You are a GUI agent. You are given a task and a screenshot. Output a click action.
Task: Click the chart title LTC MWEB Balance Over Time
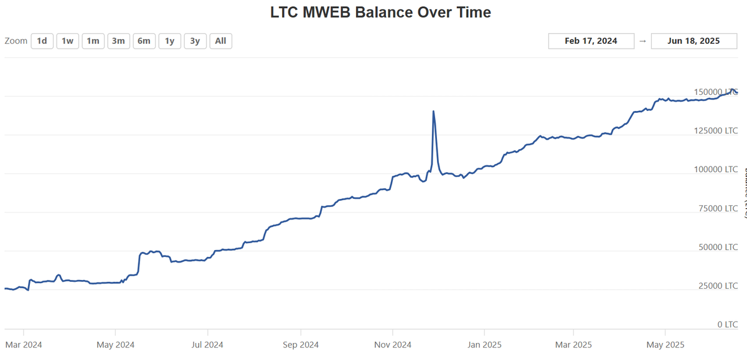pos(380,12)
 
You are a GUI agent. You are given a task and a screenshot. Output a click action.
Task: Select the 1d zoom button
pos(42,41)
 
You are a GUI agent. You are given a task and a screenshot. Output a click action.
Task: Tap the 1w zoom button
pos(67,41)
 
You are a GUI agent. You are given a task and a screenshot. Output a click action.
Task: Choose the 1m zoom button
pos(93,41)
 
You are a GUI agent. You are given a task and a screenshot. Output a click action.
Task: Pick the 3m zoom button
pos(118,41)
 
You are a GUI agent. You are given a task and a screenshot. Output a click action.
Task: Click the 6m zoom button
pos(144,41)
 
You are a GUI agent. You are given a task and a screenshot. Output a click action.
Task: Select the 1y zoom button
pos(169,41)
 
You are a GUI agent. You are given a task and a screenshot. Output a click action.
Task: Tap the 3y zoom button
pos(195,41)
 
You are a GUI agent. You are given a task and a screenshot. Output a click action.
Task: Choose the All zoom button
pos(220,41)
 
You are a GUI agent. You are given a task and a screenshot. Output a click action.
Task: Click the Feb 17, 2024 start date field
pos(591,41)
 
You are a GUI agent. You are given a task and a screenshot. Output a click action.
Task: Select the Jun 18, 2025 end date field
pos(693,41)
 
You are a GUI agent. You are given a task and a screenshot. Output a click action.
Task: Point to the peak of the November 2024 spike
pos(433,112)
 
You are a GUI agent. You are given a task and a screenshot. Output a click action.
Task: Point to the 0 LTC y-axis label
pos(727,325)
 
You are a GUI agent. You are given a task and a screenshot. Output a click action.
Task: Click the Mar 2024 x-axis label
pos(24,344)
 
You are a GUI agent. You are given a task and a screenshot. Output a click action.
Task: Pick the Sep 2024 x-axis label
pos(300,344)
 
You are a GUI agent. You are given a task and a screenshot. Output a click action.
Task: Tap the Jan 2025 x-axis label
pos(485,344)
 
